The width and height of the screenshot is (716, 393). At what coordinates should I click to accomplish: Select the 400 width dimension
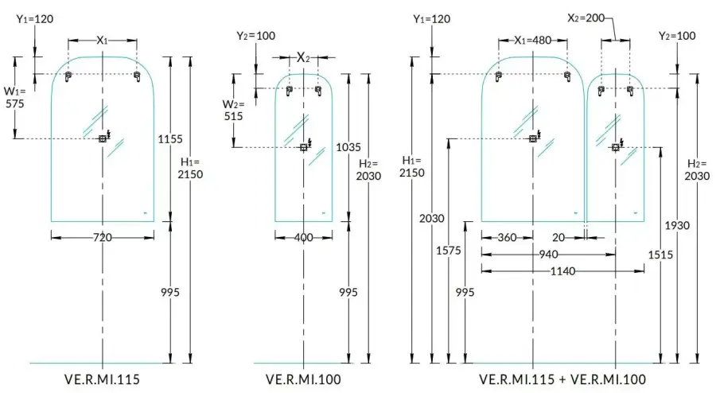coord(303,236)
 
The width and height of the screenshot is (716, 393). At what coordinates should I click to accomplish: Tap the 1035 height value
coord(348,146)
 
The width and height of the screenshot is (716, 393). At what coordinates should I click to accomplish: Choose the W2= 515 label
coord(233,111)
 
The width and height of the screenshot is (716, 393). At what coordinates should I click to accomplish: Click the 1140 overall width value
coord(562,271)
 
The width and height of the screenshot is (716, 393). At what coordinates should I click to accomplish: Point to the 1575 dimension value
coord(449,250)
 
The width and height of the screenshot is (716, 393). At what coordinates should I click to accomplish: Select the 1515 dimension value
coord(660,254)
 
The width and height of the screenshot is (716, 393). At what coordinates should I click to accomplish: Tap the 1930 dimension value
coord(677,226)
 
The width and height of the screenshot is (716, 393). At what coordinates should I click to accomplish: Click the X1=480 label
coord(531,40)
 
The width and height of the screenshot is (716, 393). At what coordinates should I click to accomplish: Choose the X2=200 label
coord(586,17)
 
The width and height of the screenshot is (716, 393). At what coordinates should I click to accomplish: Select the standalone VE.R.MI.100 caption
coord(303,379)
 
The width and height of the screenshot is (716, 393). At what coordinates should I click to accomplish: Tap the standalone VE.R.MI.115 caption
coord(102,379)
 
